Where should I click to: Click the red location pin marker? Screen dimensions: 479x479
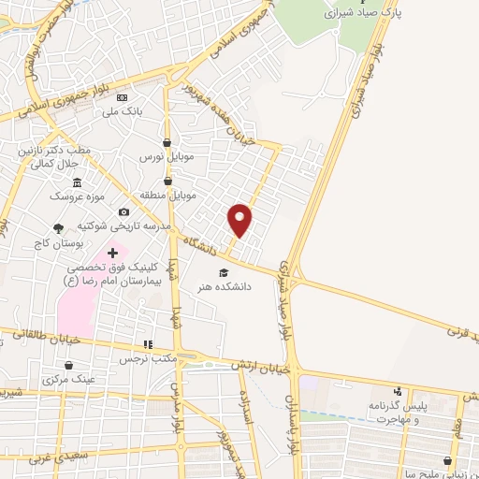[x=240, y=219]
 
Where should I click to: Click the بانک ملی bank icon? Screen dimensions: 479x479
[x=123, y=97]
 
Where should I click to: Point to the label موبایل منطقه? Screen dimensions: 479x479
[x=167, y=194]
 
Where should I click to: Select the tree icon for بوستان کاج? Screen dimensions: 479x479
[x=59, y=227]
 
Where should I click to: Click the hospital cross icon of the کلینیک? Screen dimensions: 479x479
[x=113, y=253]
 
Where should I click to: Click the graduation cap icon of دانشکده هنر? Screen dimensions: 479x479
[x=223, y=273]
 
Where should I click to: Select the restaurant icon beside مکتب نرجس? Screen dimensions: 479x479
[x=147, y=344]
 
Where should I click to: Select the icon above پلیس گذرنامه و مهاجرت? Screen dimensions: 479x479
[x=399, y=391]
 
